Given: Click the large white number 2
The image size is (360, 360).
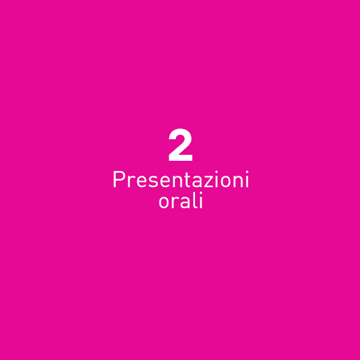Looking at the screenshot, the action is click(x=180, y=145).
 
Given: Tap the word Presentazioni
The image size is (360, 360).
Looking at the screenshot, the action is click(x=181, y=179).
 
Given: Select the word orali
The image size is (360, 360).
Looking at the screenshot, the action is click(x=181, y=200).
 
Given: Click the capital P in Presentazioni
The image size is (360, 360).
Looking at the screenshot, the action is click(x=119, y=179).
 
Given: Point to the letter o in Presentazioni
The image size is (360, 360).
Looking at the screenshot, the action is click(x=227, y=182).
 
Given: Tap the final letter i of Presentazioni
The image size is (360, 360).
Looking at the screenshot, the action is click(x=247, y=179).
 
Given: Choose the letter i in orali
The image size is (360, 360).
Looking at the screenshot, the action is click(x=201, y=200).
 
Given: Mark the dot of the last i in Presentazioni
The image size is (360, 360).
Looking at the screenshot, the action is click(x=247, y=172).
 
